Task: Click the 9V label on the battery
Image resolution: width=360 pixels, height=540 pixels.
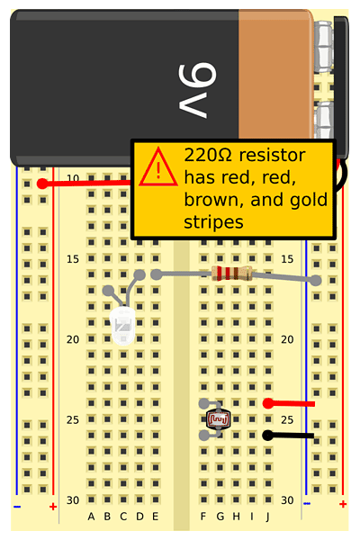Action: point(197,90)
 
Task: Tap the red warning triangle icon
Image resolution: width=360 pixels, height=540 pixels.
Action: point(158,167)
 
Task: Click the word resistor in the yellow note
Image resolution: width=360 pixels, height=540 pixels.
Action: point(272,156)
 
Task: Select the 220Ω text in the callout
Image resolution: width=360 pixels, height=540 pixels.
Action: point(209,156)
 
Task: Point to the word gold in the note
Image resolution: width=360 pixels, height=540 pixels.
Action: point(309,200)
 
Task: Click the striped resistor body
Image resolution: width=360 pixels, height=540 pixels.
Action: point(232,274)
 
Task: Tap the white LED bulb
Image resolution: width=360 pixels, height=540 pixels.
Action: point(122,326)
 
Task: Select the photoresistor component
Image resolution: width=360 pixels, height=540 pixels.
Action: point(218,418)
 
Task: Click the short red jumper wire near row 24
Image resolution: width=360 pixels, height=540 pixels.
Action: point(289,403)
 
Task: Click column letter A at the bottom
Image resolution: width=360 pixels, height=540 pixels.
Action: point(91,517)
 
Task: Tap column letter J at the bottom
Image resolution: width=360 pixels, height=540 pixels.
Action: point(267,517)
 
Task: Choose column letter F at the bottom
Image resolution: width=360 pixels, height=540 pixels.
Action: point(203,517)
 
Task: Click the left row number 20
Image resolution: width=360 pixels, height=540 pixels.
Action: point(73,339)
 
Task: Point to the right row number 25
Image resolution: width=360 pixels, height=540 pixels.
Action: point(287,419)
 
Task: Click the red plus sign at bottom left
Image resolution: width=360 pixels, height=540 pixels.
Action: point(53,507)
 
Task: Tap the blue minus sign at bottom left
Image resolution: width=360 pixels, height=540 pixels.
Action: point(17,507)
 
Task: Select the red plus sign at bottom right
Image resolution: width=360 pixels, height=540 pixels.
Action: point(343,504)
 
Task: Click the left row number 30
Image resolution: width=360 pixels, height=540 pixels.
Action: point(73,500)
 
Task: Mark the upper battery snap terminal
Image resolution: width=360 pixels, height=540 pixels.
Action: point(324,47)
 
